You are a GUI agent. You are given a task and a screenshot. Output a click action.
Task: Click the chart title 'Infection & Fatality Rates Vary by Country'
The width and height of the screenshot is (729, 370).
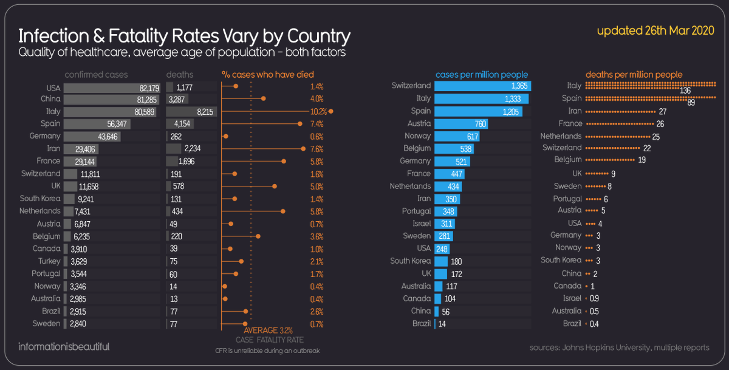[x=184, y=36]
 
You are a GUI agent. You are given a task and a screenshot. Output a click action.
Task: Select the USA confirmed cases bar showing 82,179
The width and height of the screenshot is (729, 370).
[x=112, y=88]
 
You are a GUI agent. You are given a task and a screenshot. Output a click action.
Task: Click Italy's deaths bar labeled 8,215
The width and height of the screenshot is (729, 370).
[x=191, y=112]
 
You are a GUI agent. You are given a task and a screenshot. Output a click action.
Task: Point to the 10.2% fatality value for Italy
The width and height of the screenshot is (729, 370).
[x=318, y=112]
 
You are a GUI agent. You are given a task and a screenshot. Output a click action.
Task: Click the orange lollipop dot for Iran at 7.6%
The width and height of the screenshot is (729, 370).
[x=303, y=149]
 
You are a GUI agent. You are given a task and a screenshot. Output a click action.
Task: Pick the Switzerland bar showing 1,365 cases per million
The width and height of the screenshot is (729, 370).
[x=482, y=86]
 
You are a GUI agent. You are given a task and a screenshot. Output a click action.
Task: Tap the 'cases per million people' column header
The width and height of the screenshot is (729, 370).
[x=482, y=74]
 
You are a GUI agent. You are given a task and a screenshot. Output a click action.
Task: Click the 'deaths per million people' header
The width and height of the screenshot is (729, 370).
[x=634, y=74]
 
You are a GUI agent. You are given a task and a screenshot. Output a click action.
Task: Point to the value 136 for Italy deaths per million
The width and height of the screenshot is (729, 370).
[x=685, y=91]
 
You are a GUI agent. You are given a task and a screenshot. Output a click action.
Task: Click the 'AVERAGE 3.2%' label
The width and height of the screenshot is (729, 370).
[x=268, y=330]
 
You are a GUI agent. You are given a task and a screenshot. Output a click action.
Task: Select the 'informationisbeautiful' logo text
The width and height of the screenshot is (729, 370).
[x=64, y=347]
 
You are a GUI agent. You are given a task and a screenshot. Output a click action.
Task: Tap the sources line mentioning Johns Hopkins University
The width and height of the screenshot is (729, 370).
[x=619, y=348]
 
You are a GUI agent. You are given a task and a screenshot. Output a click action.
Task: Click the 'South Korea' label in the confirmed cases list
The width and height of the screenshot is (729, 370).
[x=40, y=198]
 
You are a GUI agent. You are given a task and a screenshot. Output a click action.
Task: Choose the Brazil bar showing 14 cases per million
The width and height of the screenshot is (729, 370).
[x=435, y=323]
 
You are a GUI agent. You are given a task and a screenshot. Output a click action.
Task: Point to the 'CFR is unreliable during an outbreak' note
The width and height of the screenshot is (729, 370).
[x=267, y=351]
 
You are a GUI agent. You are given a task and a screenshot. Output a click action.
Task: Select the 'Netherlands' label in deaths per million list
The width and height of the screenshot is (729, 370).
[x=561, y=136]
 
